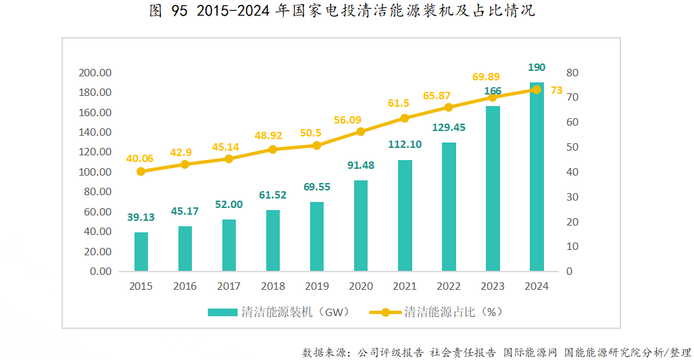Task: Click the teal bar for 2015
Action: coord(141,251)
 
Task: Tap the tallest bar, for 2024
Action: coord(537,177)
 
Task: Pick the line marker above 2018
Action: coord(273,149)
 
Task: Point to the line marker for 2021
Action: coord(405,118)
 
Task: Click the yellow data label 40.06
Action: coord(139,159)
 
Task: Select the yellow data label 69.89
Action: coord(486,77)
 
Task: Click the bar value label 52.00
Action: coord(229,205)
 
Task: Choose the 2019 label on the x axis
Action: coord(317,286)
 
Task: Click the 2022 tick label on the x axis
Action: coord(449,286)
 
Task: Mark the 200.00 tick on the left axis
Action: coord(95,73)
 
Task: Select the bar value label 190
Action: coord(537,68)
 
